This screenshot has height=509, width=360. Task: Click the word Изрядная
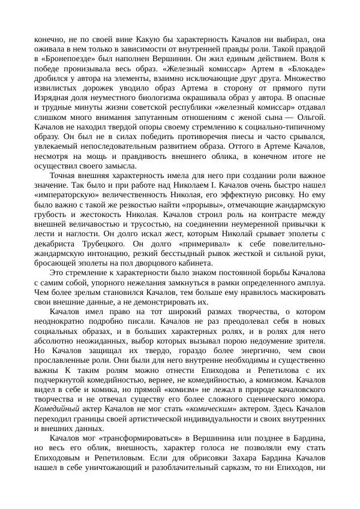[x=50, y=95]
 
